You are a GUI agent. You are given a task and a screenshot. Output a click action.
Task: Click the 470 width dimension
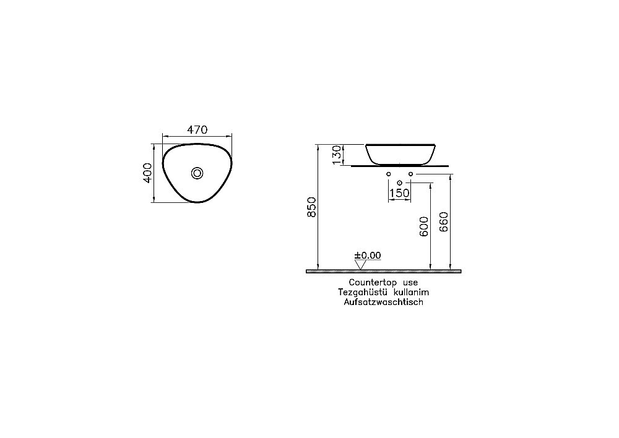[x=197, y=130]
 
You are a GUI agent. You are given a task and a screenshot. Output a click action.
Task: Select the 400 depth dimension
[x=147, y=173]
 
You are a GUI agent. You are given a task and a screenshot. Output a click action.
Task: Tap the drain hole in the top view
[x=197, y=173]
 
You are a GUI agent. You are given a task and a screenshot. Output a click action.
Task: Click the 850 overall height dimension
[x=312, y=207]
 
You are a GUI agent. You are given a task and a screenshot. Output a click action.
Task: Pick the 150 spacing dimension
[x=400, y=193]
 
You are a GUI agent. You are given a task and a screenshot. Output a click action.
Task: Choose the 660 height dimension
[x=443, y=221]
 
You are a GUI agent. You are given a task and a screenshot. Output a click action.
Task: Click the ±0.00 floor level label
[x=368, y=255]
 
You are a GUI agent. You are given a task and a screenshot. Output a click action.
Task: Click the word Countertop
[x=369, y=282]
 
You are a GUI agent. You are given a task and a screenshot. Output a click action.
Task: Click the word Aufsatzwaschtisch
[x=384, y=303]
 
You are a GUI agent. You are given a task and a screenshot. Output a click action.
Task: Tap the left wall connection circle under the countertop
[x=389, y=174]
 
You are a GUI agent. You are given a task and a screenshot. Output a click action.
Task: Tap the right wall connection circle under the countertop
[x=410, y=174]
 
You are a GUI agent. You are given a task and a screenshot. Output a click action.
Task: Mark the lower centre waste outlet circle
[x=399, y=182]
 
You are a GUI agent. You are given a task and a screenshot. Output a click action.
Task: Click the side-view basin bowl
[x=400, y=153]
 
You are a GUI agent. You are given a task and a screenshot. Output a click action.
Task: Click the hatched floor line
[x=384, y=271]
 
